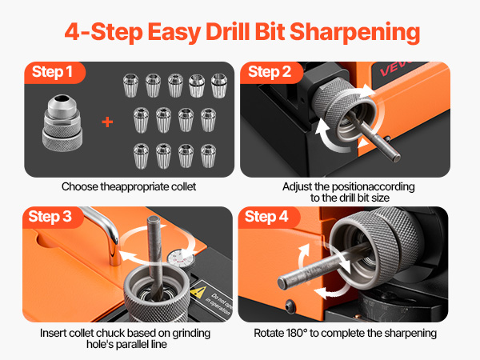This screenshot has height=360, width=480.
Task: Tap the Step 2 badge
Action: pyautogui.click(x=270, y=72)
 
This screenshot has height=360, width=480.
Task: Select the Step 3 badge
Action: pyautogui.click(x=51, y=217)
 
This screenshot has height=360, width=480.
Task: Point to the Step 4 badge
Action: pyautogui.click(x=267, y=217)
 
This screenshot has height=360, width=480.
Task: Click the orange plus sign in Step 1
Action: pyautogui.click(x=107, y=122)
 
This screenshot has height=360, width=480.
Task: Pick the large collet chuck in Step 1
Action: pyautogui.click(x=62, y=122)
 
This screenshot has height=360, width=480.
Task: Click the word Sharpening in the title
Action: pyautogui.click(x=354, y=33)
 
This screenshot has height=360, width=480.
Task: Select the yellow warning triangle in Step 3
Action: pyautogui.click(x=198, y=292)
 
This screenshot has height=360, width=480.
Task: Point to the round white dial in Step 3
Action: pyautogui.click(x=181, y=258)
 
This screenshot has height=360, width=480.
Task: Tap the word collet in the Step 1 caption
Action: pyautogui.click(x=184, y=186)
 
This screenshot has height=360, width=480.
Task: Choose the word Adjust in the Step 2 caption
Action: pyautogui.click(x=294, y=187)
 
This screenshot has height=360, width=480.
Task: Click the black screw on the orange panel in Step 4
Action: pyautogui.click(x=290, y=306)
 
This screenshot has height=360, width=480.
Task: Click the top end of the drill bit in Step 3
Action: pyautogui.click(x=154, y=219)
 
